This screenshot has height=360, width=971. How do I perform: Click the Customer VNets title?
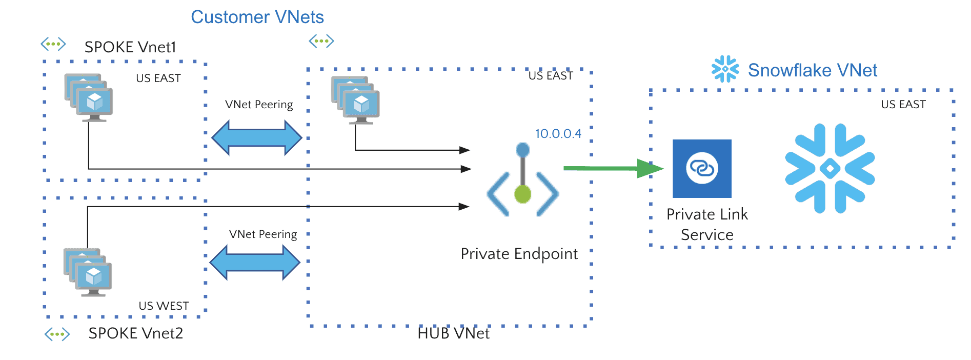(x=257, y=17)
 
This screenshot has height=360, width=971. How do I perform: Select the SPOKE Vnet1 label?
(x=130, y=47)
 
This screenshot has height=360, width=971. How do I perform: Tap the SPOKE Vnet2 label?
(x=135, y=333)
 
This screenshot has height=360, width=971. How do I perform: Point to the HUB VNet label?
(x=453, y=333)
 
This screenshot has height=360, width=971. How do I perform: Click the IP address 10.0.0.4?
(x=558, y=134)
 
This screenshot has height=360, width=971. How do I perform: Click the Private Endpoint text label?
(x=519, y=254)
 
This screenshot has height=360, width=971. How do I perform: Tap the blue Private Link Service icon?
(x=702, y=168)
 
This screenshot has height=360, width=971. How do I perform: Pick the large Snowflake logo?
(x=830, y=168)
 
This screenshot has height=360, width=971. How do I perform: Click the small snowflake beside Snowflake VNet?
(x=725, y=69)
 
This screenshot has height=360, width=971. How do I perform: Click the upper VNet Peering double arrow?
(x=257, y=138)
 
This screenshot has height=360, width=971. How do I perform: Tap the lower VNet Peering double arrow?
(x=255, y=263)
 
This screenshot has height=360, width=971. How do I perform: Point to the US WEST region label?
(x=164, y=306)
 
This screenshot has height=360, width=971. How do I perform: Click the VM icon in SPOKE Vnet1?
(x=89, y=97)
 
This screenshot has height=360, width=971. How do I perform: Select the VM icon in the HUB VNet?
(x=356, y=100)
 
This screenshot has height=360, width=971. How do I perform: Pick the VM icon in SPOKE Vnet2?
(x=88, y=272)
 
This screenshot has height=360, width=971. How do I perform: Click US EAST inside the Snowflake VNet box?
(x=903, y=105)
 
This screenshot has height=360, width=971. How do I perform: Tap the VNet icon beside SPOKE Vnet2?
(x=57, y=335)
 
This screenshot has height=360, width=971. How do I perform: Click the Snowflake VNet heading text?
(x=812, y=70)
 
